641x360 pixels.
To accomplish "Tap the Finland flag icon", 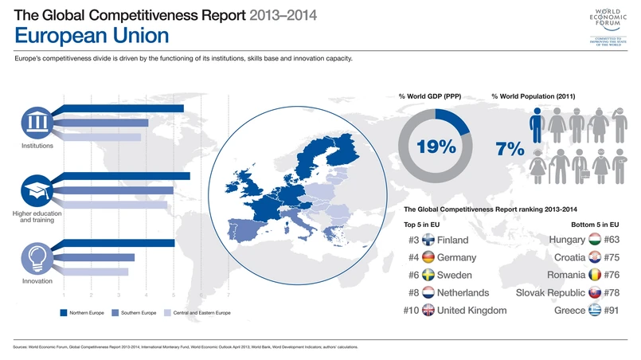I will (428, 240).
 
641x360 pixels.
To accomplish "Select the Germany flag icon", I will (428, 257).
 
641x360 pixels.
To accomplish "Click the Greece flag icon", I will (595, 310).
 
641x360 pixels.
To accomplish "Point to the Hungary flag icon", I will (595, 240).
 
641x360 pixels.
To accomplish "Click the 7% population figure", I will (509, 148).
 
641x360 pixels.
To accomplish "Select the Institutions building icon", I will (37, 122).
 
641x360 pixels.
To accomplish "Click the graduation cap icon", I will (37, 190).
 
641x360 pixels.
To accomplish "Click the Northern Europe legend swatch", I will (64, 313).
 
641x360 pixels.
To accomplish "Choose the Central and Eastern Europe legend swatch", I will (167, 313).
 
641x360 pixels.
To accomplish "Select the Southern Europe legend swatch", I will (115, 313).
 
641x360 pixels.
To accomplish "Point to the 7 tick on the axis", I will (229, 295).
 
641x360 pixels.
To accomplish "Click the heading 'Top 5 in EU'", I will (427, 224).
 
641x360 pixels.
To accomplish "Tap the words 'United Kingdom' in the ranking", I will (472, 310).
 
